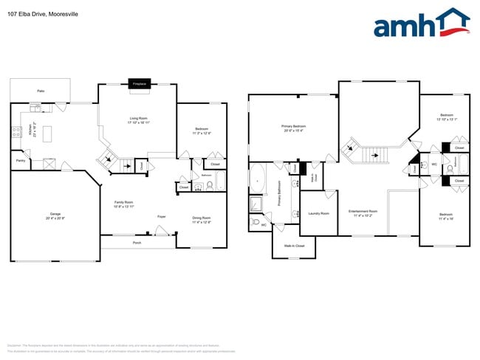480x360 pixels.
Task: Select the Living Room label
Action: click(x=138, y=120)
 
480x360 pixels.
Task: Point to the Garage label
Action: click(x=55, y=217)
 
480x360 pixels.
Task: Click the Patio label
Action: click(x=40, y=91)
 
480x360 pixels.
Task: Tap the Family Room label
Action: click(x=123, y=204)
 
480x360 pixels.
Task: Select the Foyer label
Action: click(x=161, y=216)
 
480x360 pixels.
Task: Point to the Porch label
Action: click(x=137, y=242)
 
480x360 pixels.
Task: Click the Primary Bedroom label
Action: click(x=293, y=128)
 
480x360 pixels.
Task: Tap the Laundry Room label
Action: click(x=319, y=215)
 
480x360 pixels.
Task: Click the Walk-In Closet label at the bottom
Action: click(x=294, y=246)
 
